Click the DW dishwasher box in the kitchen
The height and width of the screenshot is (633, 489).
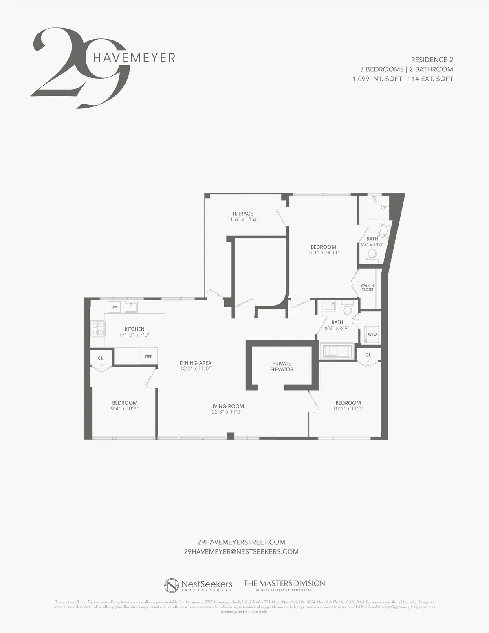(x=114, y=307)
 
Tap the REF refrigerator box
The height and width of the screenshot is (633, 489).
(x=149, y=357)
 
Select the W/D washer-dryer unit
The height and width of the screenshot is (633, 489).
(x=372, y=334)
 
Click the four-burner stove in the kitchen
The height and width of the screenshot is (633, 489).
(x=97, y=329)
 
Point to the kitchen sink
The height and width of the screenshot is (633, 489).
(x=131, y=307)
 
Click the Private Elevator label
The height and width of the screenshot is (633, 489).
(x=282, y=366)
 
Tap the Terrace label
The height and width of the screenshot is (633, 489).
(x=243, y=214)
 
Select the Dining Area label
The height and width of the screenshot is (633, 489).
(x=196, y=363)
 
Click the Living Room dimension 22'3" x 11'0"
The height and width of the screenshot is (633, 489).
(x=227, y=412)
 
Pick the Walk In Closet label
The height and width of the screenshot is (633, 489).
(x=367, y=287)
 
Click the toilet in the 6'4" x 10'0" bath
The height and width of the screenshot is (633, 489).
(x=372, y=254)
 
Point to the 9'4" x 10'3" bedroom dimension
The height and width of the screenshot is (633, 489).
(x=125, y=408)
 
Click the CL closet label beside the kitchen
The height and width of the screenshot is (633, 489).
(x=100, y=358)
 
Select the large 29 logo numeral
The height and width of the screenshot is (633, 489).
(x=79, y=67)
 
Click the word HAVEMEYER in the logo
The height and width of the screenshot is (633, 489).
(x=134, y=58)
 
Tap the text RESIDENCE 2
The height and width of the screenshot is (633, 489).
(x=432, y=60)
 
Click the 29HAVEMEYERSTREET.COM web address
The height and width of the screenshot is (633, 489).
(x=241, y=542)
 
